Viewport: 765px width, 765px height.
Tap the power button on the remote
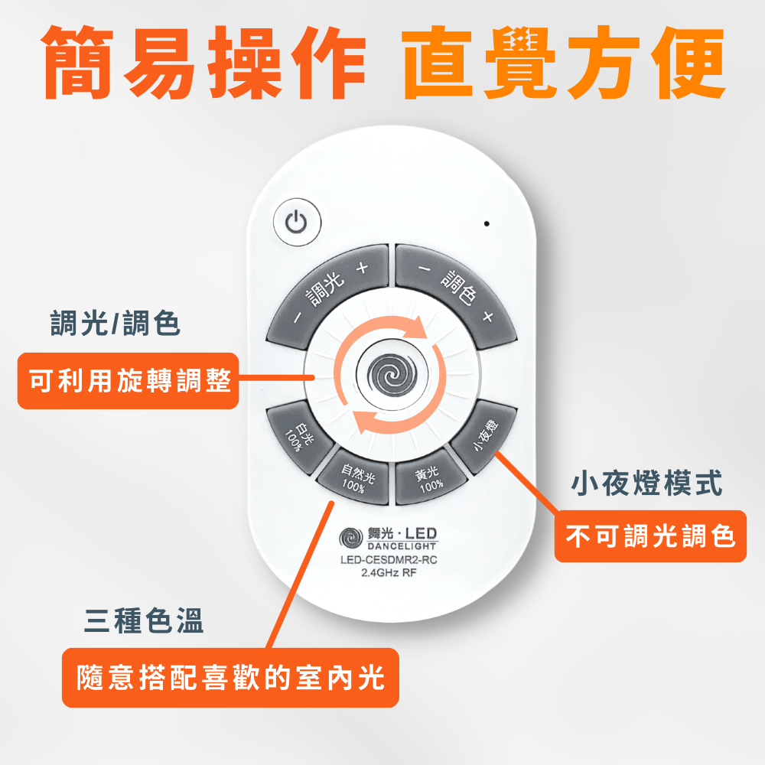pos(297,223)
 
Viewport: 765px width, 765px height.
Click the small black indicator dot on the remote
pos(487,224)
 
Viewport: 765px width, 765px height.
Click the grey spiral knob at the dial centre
pos(392,375)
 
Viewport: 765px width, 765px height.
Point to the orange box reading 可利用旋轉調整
pos(128,380)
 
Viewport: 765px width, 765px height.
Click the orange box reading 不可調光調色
pos(650,535)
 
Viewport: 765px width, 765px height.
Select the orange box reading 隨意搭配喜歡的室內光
pos(230,677)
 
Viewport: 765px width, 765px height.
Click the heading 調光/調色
pos(116,324)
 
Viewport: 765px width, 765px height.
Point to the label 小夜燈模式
pos(646,483)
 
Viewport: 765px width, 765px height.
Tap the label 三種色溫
pos(144,620)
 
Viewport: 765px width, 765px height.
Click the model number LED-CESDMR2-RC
pos(389,560)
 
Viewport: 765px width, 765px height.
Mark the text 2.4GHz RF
pos(389,573)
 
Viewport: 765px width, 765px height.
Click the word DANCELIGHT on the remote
pos(402,546)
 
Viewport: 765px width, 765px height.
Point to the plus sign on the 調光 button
pos(362,269)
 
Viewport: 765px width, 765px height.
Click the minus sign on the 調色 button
pos(425,269)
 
